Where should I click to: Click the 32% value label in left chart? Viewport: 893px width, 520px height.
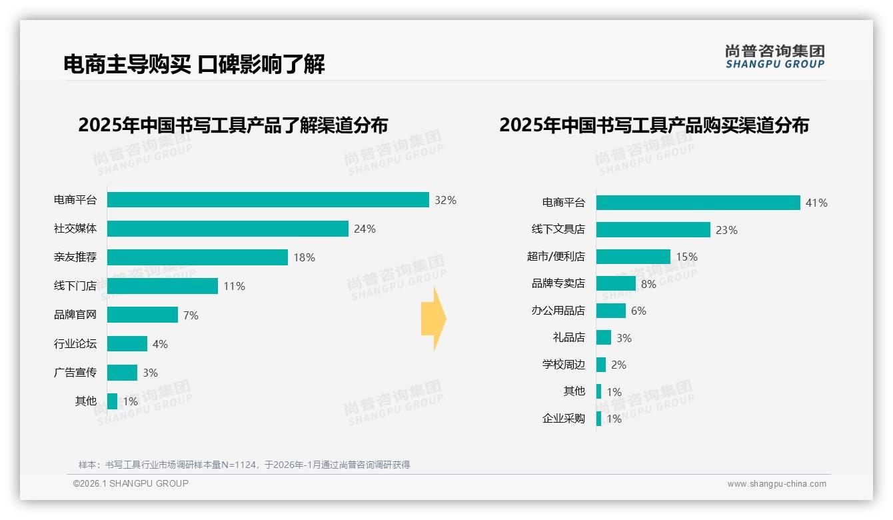point(445,200)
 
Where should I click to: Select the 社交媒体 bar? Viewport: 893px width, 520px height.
point(227,229)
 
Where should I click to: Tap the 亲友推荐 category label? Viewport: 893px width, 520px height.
point(75,257)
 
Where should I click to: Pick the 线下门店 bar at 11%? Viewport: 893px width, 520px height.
point(162,286)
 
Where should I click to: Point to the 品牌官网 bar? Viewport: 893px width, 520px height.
point(142,315)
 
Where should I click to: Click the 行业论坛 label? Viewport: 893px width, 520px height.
point(75,344)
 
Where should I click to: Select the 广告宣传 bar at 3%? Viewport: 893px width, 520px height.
point(122,373)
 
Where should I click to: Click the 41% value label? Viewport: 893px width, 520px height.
point(816,203)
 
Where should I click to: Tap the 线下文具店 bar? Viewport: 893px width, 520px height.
point(653,229)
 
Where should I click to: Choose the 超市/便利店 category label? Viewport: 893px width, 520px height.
point(556,257)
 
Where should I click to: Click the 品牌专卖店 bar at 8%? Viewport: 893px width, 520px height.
point(616,283)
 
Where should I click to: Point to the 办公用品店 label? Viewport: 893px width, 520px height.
point(558,311)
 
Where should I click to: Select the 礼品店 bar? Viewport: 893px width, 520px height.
point(603,337)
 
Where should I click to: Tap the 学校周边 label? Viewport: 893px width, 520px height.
point(563,365)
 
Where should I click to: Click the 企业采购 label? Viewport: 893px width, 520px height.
point(563,419)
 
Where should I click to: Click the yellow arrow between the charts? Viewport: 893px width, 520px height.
point(433,319)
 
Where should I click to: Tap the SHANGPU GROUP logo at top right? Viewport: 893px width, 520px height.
point(774,57)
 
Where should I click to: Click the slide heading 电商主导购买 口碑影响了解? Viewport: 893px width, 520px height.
point(194,65)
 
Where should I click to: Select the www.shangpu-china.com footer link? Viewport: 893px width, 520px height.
point(776,484)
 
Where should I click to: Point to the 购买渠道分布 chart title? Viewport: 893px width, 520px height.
point(654,125)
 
